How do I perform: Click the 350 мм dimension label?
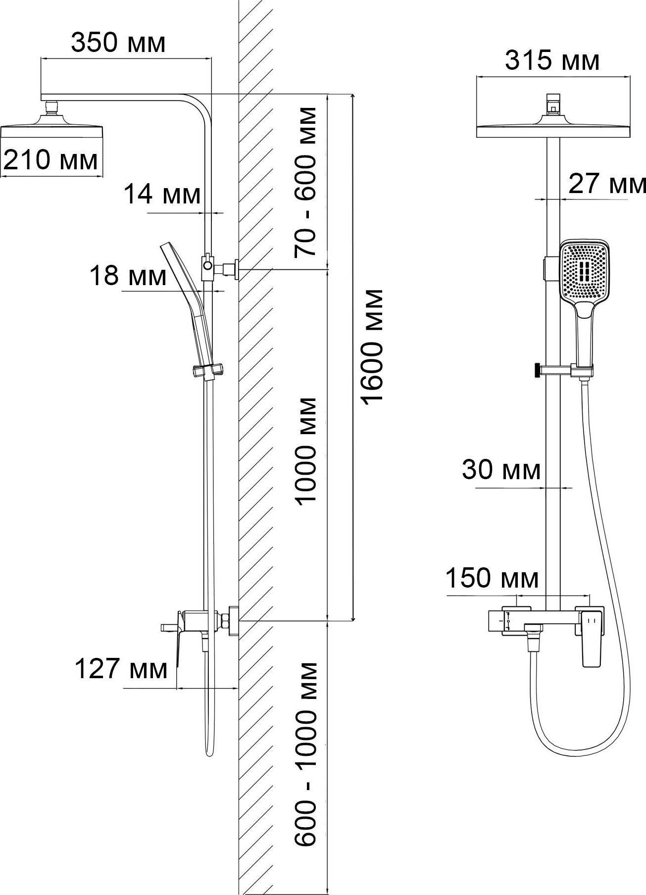(118, 43)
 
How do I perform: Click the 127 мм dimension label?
(121, 670)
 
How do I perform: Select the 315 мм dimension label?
(552, 61)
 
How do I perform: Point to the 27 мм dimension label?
(607, 184)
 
